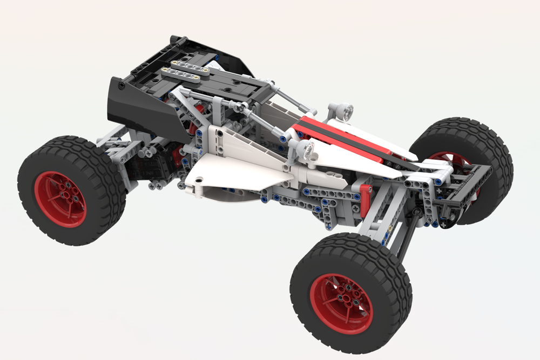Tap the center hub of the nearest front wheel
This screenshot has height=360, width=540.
(341, 296)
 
